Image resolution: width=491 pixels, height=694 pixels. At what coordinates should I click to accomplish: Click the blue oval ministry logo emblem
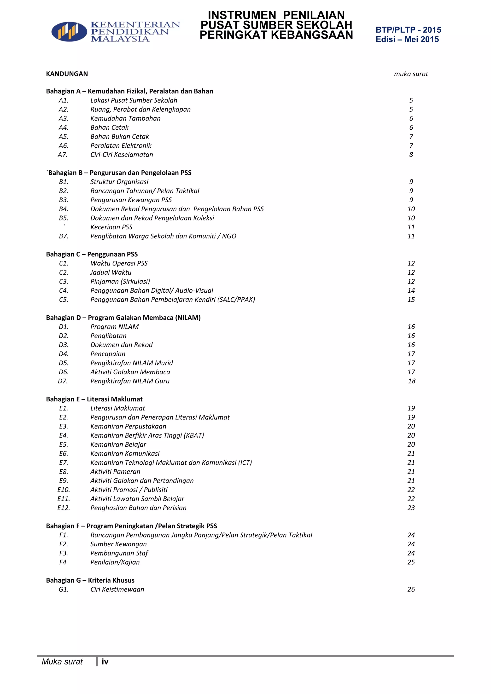tap(69, 31)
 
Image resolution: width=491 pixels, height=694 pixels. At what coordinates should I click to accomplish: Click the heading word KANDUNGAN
tap(67, 74)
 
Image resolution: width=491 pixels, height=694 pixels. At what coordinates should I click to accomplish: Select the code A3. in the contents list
tap(64, 118)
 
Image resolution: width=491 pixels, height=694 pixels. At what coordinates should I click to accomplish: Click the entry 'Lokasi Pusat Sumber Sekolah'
tap(134, 100)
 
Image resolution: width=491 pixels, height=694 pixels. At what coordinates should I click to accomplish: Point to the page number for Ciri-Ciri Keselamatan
tap(411, 155)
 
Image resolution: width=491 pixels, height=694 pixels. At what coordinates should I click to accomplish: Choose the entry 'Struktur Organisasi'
tap(119, 182)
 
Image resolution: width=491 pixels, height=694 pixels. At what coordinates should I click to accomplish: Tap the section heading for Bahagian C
tap(92, 254)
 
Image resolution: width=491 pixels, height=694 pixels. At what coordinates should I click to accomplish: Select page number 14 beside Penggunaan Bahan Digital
tap(411, 290)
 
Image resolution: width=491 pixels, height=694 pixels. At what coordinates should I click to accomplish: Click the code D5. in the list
tap(64, 363)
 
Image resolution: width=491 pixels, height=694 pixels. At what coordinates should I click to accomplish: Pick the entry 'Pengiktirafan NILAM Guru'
tap(130, 381)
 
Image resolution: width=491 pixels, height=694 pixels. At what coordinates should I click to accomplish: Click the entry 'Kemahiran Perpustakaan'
tap(128, 427)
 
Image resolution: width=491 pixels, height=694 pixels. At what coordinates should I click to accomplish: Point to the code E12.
tap(64, 508)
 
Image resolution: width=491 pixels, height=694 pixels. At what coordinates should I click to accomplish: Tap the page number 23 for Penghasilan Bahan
tap(411, 508)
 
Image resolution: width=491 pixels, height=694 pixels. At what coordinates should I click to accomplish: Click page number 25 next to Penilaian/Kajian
tap(411, 562)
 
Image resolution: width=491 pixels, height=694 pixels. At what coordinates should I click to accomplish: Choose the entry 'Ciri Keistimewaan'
tap(117, 590)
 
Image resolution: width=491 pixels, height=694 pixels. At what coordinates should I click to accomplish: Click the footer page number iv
tap(105, 662)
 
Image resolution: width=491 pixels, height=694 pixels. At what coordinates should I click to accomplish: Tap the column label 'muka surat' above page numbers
tap(411, 74)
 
